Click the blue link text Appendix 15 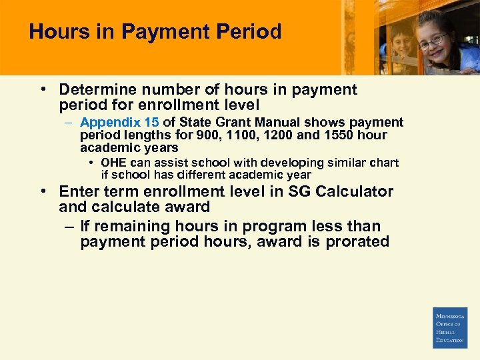coord(120,123)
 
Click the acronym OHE coord(113,163)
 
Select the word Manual coord(276,123)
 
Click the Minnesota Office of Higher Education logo coord(450,327)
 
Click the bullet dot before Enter coord(43,191)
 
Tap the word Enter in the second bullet coord(79,191)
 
